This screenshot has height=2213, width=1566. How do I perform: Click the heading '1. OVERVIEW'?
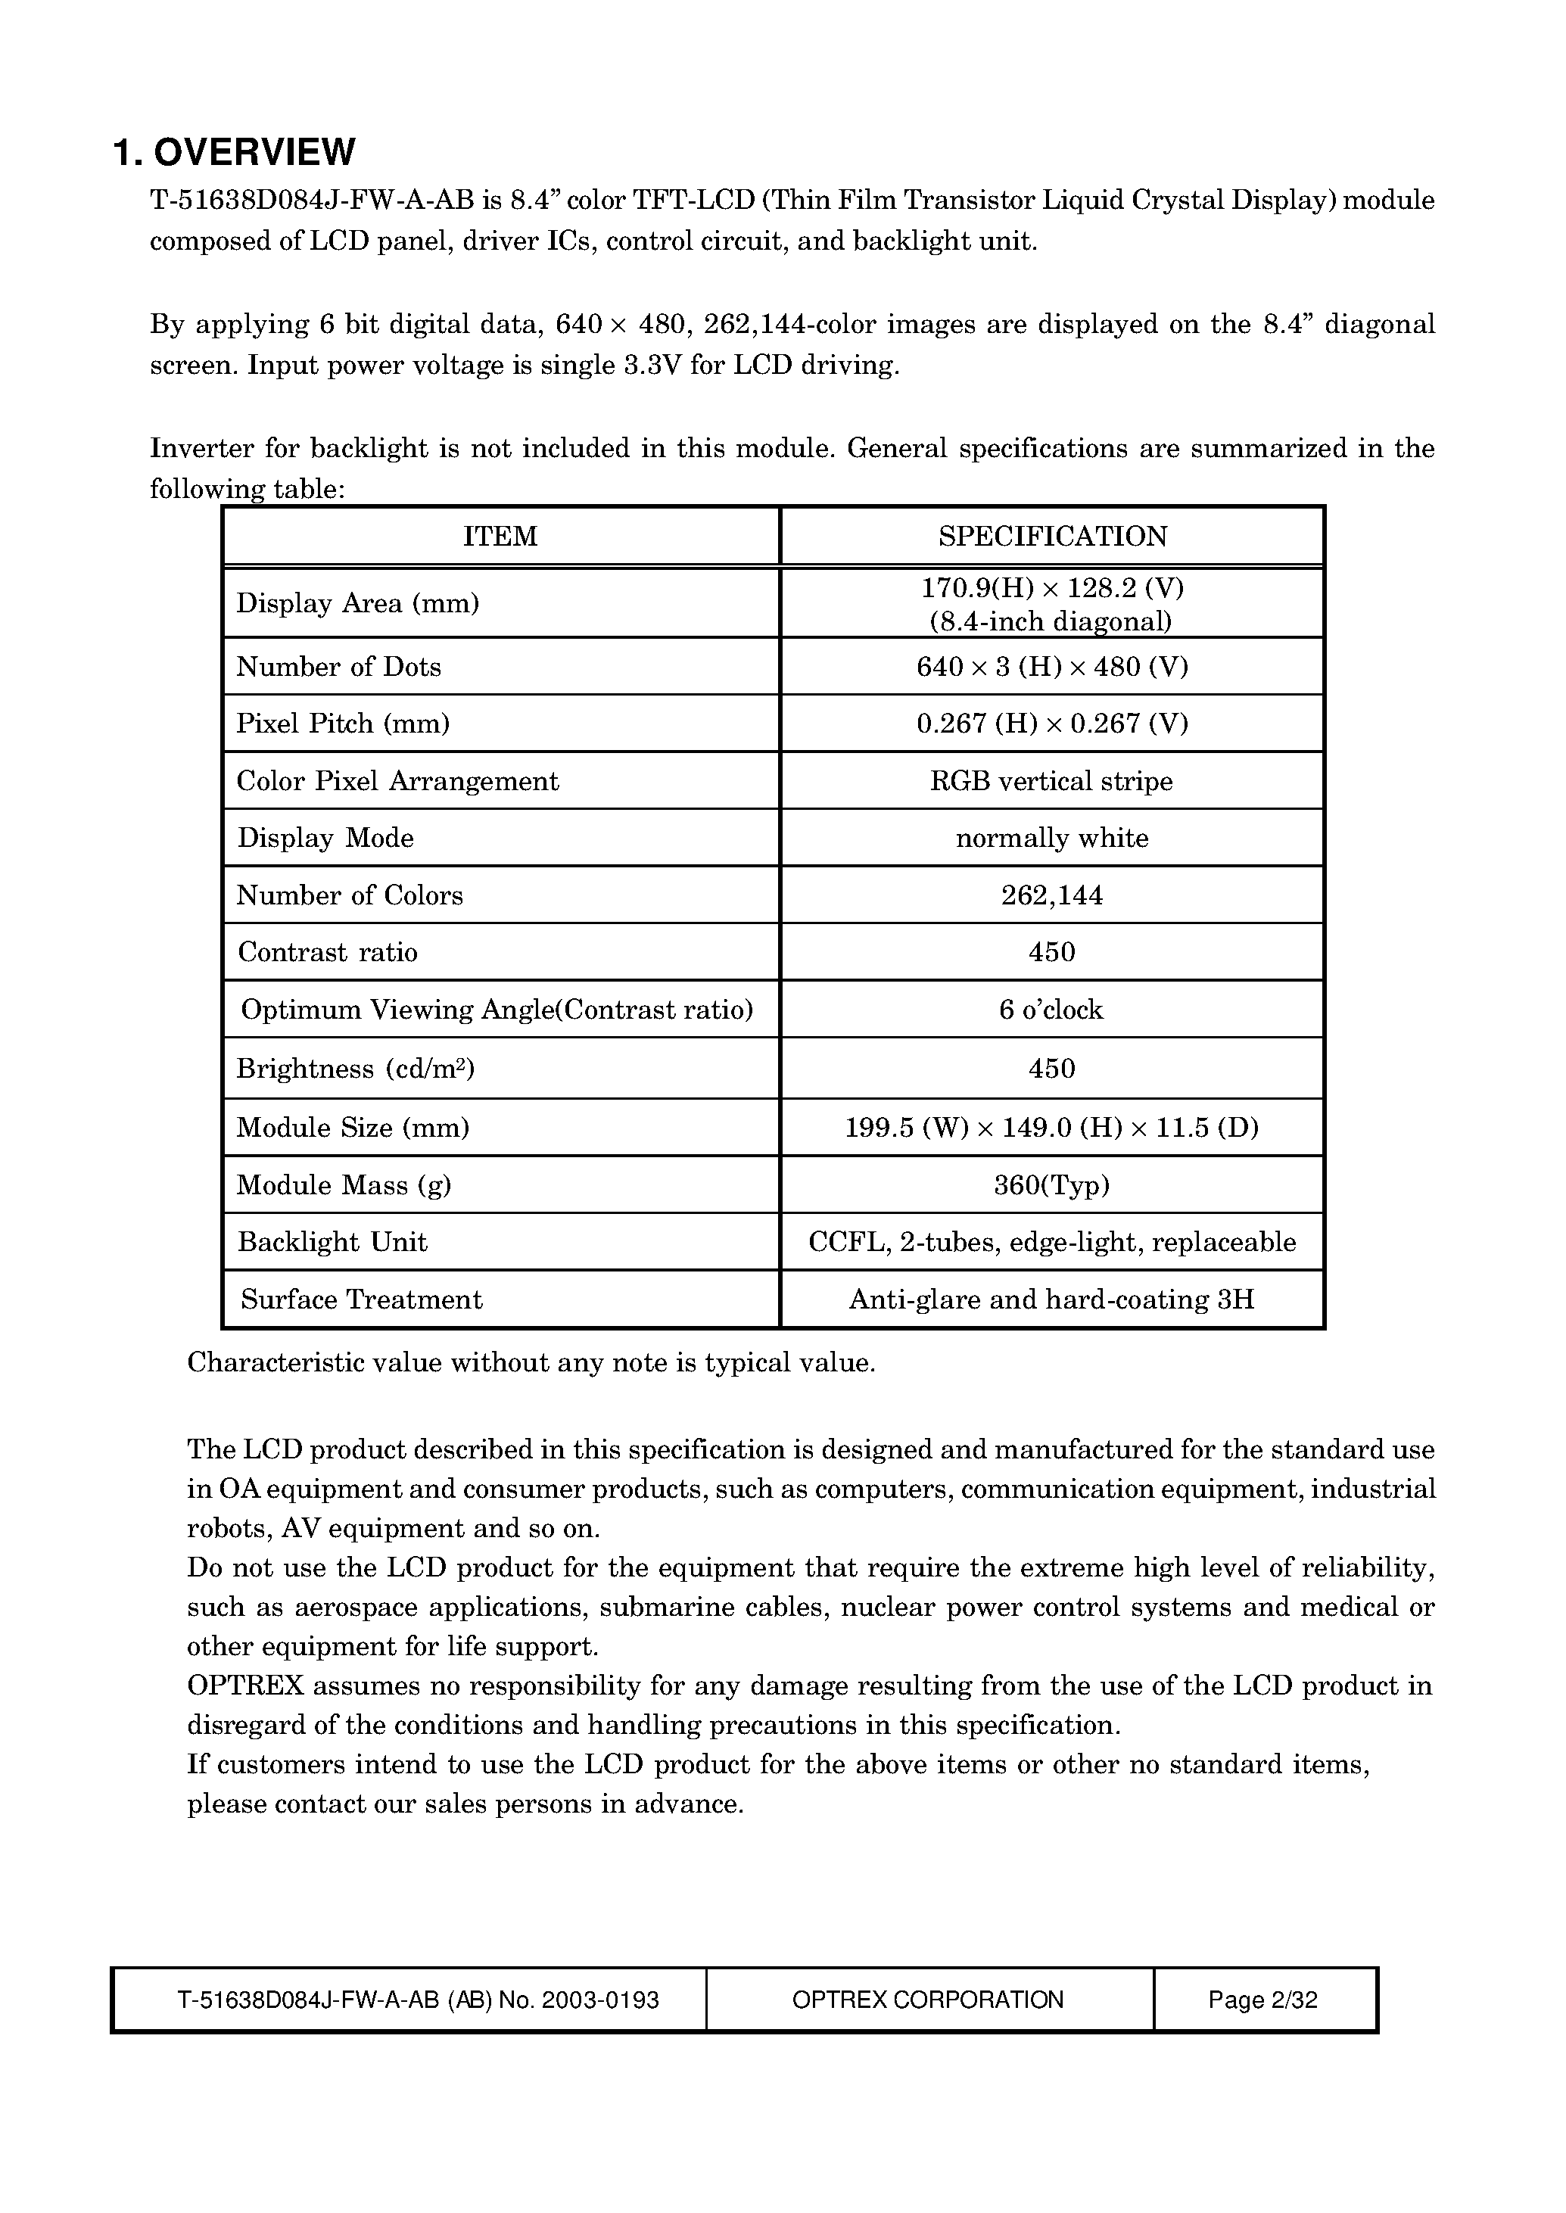[235, 152]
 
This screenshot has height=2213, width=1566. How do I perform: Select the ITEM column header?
[500, 536]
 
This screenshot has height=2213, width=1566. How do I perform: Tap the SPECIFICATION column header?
[1052, 536]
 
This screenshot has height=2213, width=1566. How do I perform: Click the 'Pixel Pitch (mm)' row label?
[344, 724]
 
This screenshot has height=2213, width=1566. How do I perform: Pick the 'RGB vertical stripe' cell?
[1051, 781]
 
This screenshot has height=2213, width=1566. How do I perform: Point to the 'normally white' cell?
[1052, 838]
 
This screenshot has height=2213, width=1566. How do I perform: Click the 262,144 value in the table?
[1052, 896]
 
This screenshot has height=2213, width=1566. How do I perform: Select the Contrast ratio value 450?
[1052, 953]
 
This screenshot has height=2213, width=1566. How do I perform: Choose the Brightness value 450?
[1052, 1069]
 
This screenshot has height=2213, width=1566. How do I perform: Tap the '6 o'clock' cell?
[1051, 1010]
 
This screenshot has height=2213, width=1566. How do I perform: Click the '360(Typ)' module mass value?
[1052, 1185]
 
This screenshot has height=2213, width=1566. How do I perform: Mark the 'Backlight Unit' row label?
[333, 1242]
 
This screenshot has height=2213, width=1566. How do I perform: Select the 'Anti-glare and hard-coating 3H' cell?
[1051, 1299]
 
